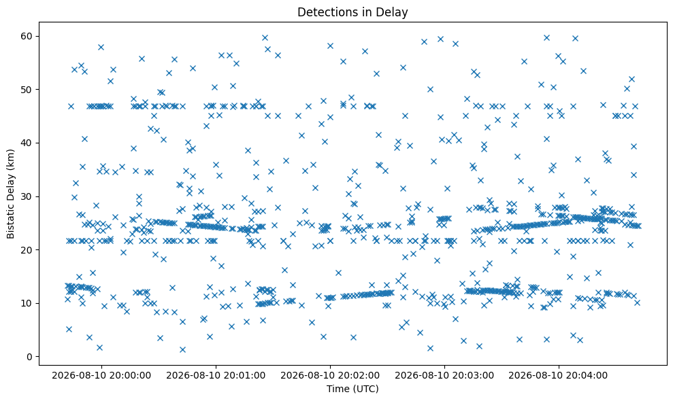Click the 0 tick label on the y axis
(30, 357)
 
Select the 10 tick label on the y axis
(27, 303)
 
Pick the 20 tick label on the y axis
(27, 250)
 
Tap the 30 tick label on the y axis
(27, 196)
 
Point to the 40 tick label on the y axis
(27, 143)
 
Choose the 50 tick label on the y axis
(27, 90)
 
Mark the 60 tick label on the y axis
(27, 36)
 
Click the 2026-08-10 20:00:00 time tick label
(101, 376)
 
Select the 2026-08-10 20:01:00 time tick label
(216, 376)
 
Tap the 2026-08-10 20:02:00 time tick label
(330, 376)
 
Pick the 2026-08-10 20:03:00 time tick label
(444, 376)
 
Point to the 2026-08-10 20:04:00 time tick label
(559, 376)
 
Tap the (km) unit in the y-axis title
(11, 158)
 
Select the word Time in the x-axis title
(338, 389)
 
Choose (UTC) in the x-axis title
(365, 389)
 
